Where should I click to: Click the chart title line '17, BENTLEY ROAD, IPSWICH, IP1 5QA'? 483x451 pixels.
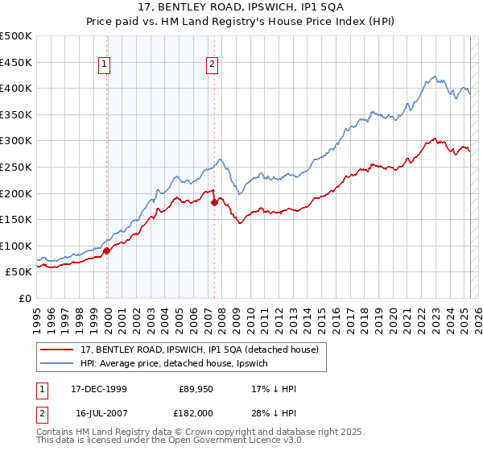242,9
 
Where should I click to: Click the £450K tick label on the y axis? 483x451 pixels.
17,62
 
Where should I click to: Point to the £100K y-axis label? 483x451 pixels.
17,246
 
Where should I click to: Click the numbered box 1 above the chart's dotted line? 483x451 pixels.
106,66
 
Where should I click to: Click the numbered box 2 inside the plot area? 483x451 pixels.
213,66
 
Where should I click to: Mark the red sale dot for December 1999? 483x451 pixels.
107,250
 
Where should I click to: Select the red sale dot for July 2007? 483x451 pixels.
214,202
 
